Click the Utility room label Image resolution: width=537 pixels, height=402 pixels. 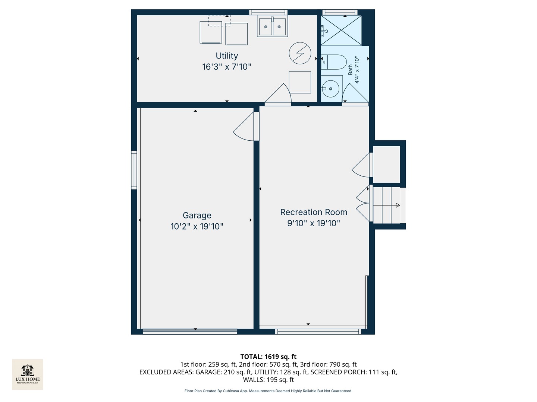pyautogui.click(x=227, y=56)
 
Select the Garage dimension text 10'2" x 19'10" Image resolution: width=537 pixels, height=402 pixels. pyautogui.click(x=197, y=226)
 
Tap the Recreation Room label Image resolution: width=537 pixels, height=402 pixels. pyautogui.click(x=314, y=212)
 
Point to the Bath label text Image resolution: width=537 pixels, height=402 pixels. pyautogui.click(x=350, y=70)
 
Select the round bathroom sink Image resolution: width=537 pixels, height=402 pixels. pyautogui.click(x=330, y=89)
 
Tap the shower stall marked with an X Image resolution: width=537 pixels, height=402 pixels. pyautogui.click(x=341, y=31)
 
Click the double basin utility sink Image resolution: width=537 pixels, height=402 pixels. pyautogui.click(x=272, y=27)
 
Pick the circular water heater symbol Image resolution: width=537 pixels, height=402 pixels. pyautogui.click(x=300, y=53)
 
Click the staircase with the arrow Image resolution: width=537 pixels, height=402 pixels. pyautogui.click(x=387, y=205)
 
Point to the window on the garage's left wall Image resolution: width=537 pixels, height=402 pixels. pyautogui.click(x=134, y=170)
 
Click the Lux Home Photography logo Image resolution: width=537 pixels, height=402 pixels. pyautogui.click(x=28, y=374)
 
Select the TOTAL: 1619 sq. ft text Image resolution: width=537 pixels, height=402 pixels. pyautogui.click(x=268, y=357)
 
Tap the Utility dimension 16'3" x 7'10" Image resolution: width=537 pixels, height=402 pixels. pyautogui.click(x=227, y=67)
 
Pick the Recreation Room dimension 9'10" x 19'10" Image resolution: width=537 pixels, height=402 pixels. pyautogui.click(x=314, y=223)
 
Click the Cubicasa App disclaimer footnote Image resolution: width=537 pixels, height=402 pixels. pyautogui.click(x=268, y=391)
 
